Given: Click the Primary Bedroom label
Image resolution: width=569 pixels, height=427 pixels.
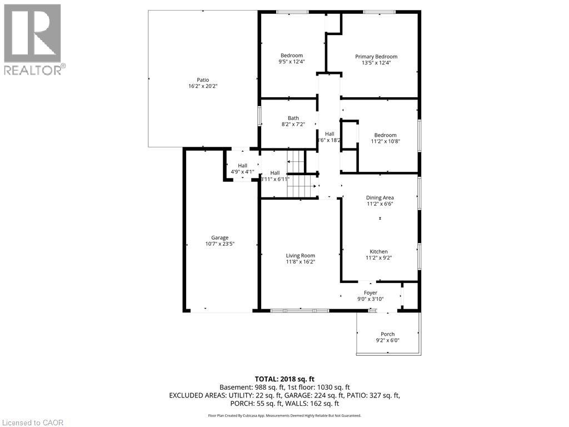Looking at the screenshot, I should tap(376, 57).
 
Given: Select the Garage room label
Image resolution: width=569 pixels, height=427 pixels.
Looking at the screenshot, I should tap(219, 238).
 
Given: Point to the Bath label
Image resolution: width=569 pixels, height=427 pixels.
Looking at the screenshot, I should tap(293, 118).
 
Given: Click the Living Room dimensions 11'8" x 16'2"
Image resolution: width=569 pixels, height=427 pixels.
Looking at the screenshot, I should tap(301, 262).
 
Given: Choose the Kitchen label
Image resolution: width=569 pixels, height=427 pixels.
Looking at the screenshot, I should tap(379, 251).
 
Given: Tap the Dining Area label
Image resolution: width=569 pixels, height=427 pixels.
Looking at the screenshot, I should tap(380, 197).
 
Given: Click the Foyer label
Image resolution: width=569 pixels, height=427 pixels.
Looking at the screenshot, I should tap(371, 293).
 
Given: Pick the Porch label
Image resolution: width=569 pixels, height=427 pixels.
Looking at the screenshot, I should tap(388, 334).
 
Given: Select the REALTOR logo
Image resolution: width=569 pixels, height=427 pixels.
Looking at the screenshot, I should tap(33, 39).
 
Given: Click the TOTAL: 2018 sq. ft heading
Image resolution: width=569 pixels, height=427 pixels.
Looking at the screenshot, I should tap(284, 379).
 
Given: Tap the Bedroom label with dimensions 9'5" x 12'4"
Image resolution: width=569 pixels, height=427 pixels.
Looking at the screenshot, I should tap(292, 55).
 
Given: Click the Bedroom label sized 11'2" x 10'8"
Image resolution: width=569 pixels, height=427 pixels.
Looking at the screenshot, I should tap(385, 135).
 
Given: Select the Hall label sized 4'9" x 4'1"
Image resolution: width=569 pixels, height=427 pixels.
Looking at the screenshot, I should tap(243, 166).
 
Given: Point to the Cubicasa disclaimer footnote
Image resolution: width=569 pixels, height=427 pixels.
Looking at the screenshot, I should tap(284, 415).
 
